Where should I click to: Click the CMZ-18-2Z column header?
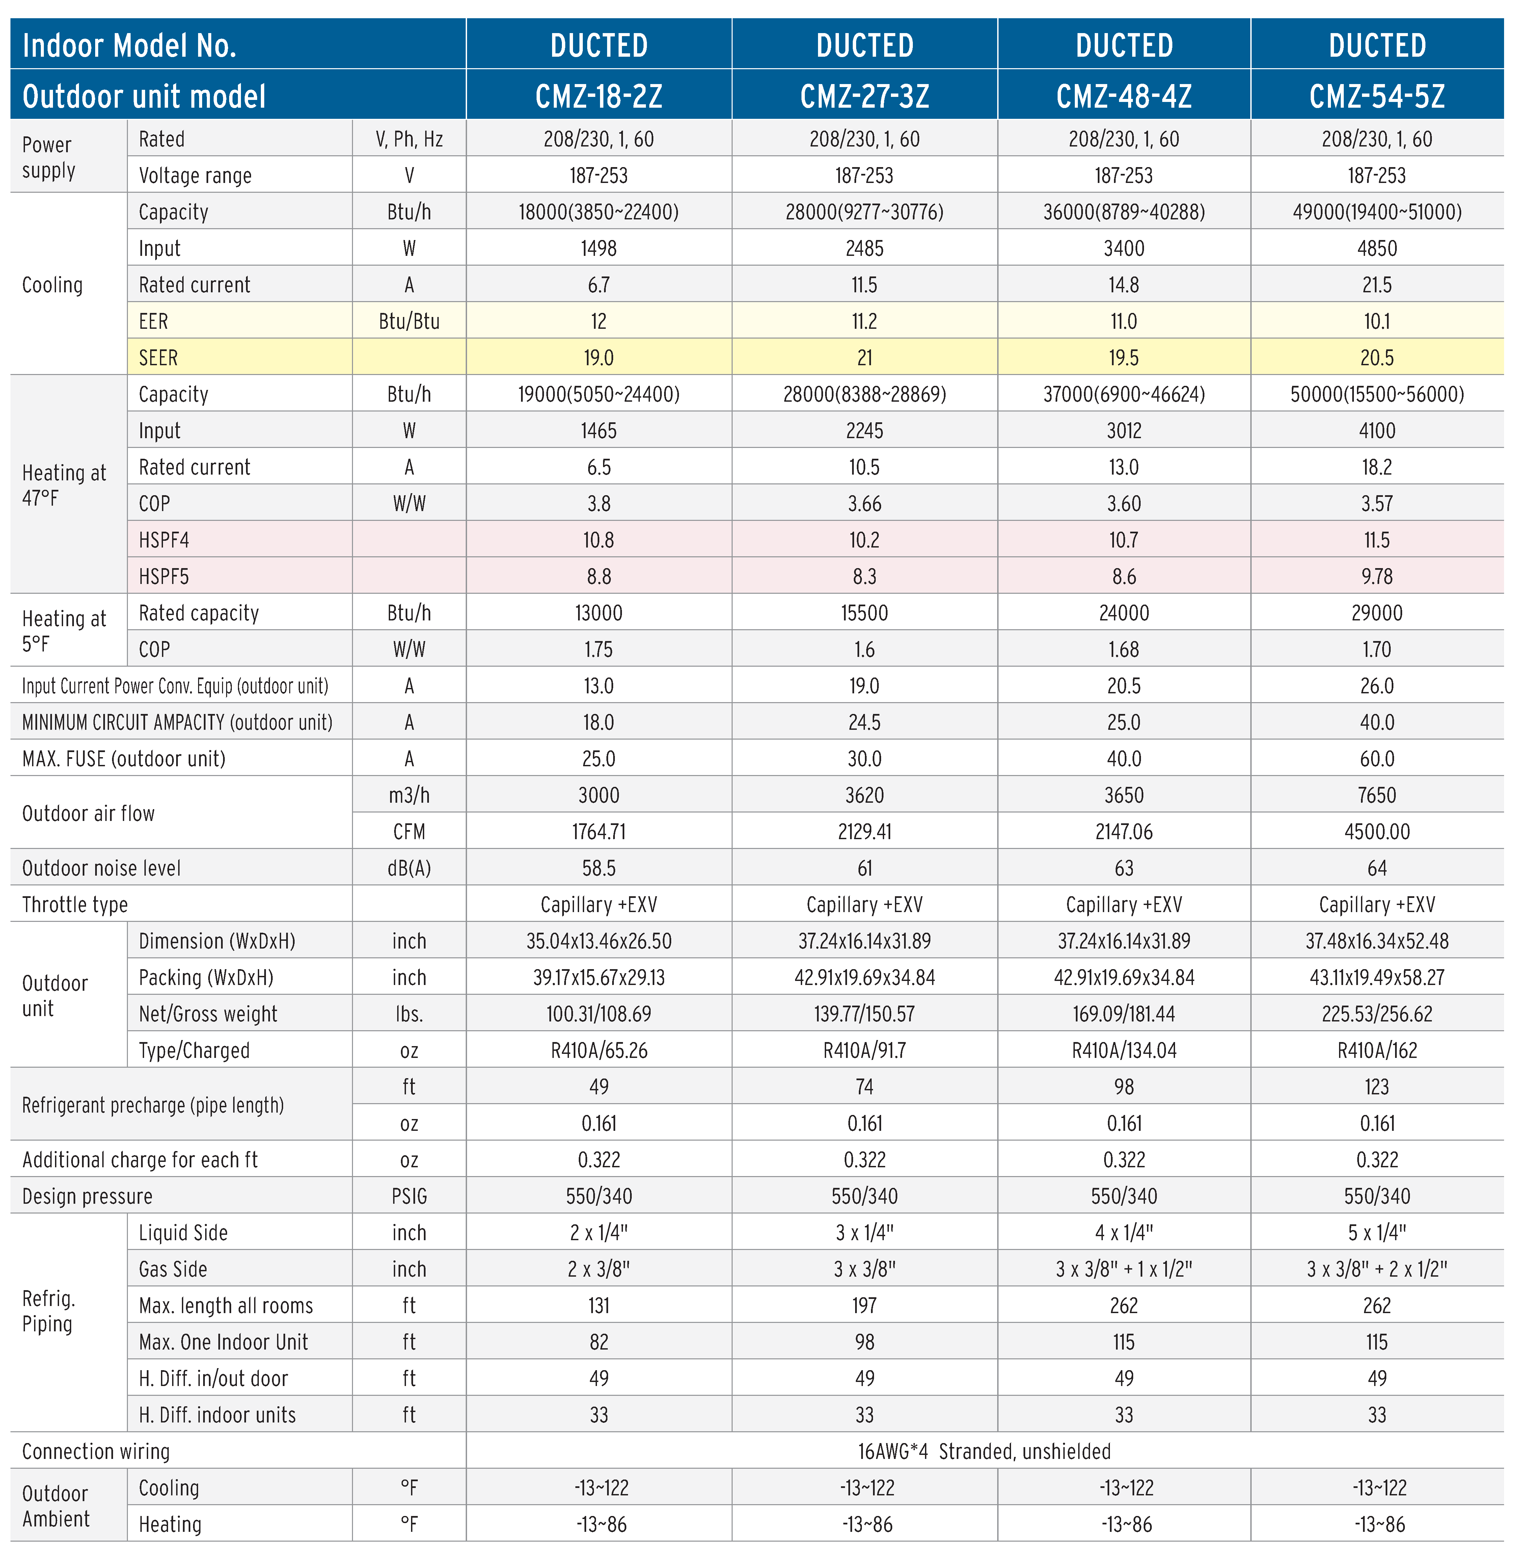click(598, 96)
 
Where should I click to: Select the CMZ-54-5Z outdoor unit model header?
click(1377, 96)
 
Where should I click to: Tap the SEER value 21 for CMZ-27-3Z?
click(865, 357)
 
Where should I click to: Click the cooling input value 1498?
click(598, 248)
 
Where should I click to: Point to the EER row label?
click(154, 321)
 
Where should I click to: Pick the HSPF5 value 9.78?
click(1377, 576)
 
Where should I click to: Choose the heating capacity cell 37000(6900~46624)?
click(1123, 394)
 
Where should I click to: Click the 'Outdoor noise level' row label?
click(102, 868)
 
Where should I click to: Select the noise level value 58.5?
click(598, 868)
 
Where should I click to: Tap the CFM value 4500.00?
click(1377, 831)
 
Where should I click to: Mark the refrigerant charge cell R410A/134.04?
click(1123, 1050)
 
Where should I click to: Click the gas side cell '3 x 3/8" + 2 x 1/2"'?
click(1377, 1269)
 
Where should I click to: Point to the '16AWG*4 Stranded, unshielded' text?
click(984, 1451)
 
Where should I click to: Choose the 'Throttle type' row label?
click(75, 905)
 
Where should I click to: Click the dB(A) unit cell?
click(409, 868)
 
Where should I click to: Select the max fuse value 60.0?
click(1377, 758)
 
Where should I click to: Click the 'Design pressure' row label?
click(87, 1196)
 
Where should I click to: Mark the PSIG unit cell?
click(409, 1196)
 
